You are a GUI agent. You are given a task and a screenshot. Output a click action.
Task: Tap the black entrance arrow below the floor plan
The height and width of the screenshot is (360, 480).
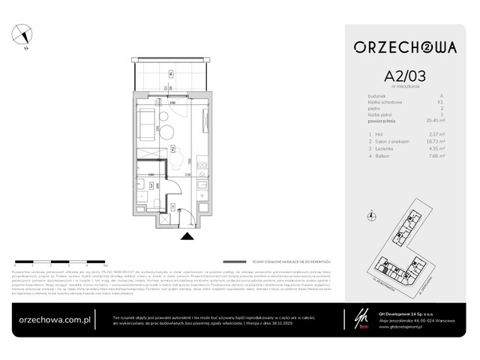tap(185, 235)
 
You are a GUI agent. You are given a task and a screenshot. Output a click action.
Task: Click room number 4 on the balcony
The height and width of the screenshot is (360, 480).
tap(171, 73)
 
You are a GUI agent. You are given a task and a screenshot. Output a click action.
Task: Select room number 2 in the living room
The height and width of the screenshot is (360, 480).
tap(172, 149)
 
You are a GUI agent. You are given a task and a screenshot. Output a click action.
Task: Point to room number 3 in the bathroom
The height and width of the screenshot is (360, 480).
tap(151, 184)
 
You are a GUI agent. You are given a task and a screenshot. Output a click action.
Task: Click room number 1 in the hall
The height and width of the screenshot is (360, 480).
tap(173, 206)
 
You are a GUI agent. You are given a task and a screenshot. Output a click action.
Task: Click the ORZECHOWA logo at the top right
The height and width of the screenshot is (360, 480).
tap(404, 46)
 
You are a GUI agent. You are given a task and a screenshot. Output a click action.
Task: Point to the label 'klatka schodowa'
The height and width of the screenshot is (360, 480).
tap(383, 101)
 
